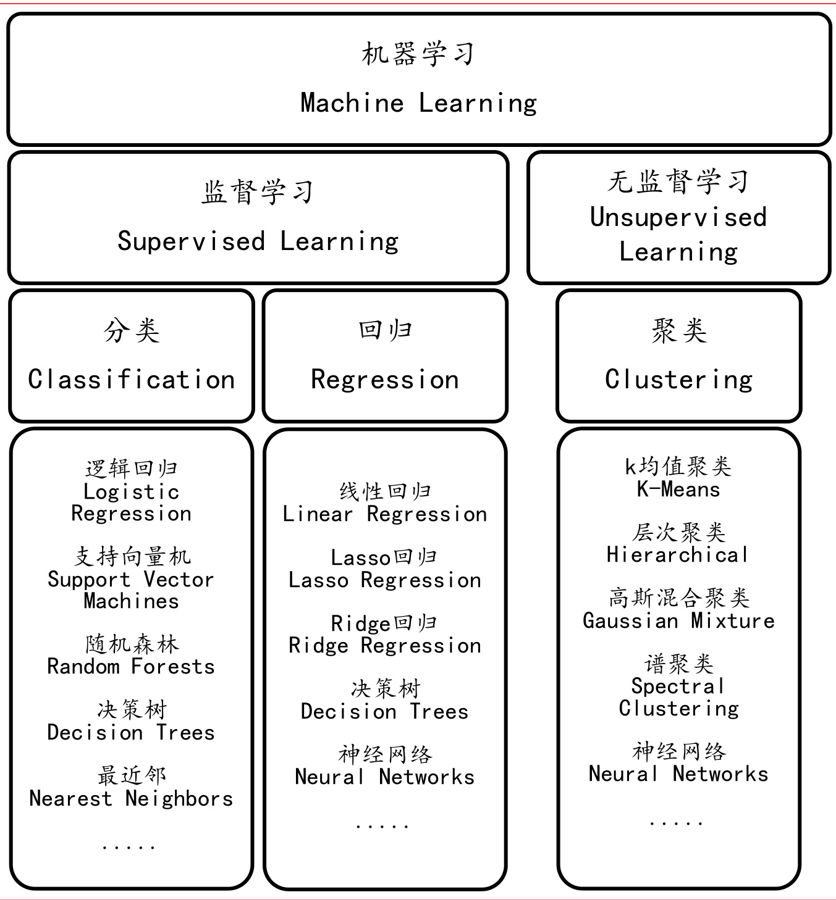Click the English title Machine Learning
418,102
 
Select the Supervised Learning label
258,241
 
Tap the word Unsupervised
678,217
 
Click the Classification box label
132,379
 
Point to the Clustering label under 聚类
678,379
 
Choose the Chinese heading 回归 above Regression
385,330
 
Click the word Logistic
132,491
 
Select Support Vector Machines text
131,590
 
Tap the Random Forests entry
131,667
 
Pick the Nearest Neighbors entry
131,798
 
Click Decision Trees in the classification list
131,732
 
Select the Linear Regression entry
385,514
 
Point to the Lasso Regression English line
385,580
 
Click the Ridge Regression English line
385,646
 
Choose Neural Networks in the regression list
385,777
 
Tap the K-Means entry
678,490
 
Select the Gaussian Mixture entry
678,620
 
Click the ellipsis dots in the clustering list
677,823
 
